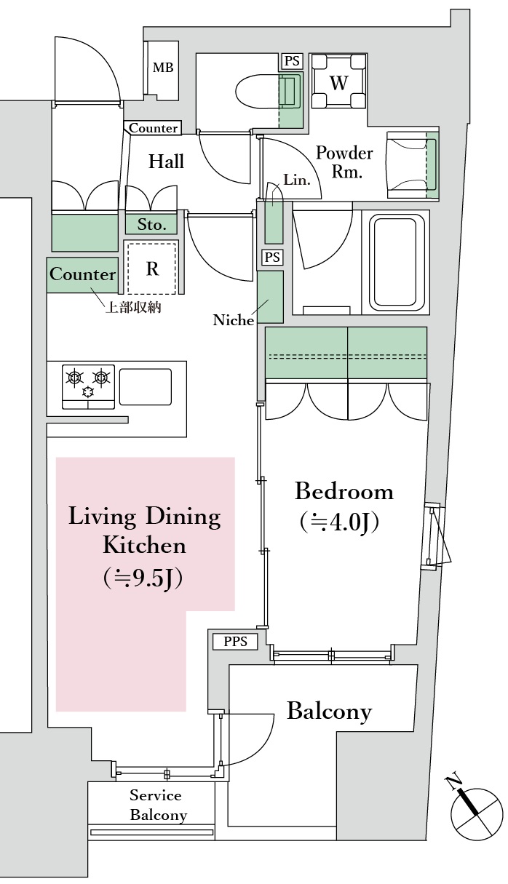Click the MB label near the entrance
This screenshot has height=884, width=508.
pos(163,68)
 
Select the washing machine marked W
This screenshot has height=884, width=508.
pos(338,81)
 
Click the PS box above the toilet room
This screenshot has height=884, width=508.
pos(292,61)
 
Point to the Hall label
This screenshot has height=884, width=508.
pos(166,162)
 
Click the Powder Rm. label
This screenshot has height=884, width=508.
pos(344,162)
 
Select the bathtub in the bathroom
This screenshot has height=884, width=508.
pos(395,264)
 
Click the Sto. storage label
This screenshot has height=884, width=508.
pos(151,225)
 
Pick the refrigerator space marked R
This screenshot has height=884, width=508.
pos(152,268)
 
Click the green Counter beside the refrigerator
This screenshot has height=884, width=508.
pos(82,275)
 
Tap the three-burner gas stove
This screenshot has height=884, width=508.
pos(88,387)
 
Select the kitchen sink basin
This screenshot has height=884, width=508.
pos(146,387)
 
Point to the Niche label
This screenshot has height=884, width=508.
pos(234,319)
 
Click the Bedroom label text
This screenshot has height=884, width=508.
pos(344,492)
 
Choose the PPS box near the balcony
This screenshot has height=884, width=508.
pos(235,642)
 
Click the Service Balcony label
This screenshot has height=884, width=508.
pos(156,805)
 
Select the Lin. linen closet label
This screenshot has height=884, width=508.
pos(297,180)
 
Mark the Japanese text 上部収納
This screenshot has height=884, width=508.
pos(133,308)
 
